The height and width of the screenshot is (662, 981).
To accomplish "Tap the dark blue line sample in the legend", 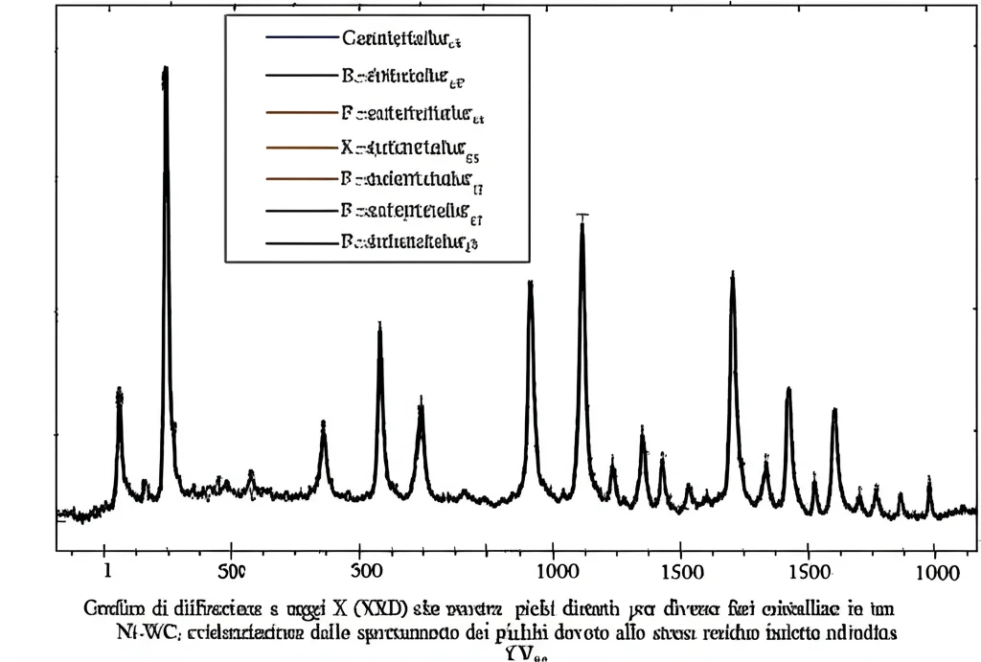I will pyautogui.click(x=301, y=38).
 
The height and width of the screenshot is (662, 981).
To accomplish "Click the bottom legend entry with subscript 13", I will pyautogui.click(x=408, y=242).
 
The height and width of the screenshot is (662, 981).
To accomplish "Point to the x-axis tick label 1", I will pyautogui.click(x=107, y=571).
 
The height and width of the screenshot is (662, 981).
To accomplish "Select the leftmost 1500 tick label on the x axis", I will pyautogui.click(x=679, y=572).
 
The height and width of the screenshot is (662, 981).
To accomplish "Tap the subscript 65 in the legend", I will pyautogui.click(x=471, y=159).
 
